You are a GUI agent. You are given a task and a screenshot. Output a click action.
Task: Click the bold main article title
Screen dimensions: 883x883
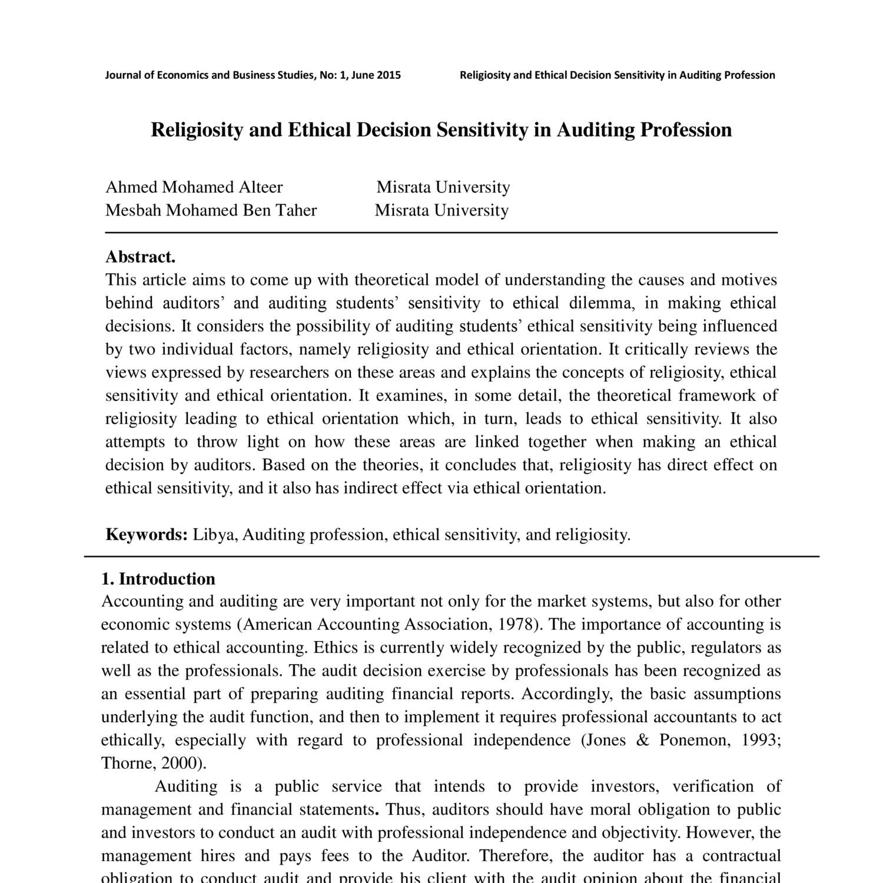441,130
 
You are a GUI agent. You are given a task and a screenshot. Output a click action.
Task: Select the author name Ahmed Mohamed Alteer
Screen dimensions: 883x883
194,187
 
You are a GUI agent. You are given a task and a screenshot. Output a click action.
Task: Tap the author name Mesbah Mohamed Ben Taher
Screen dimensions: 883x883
211,210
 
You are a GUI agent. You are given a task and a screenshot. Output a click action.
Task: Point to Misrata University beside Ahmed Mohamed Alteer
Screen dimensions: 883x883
443,187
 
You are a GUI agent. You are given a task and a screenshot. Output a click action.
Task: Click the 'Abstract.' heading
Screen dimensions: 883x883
140,257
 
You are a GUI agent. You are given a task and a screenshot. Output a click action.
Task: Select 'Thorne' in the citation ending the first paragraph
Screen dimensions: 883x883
125,763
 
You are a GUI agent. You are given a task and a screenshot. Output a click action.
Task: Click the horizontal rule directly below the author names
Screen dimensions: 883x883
441,233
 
